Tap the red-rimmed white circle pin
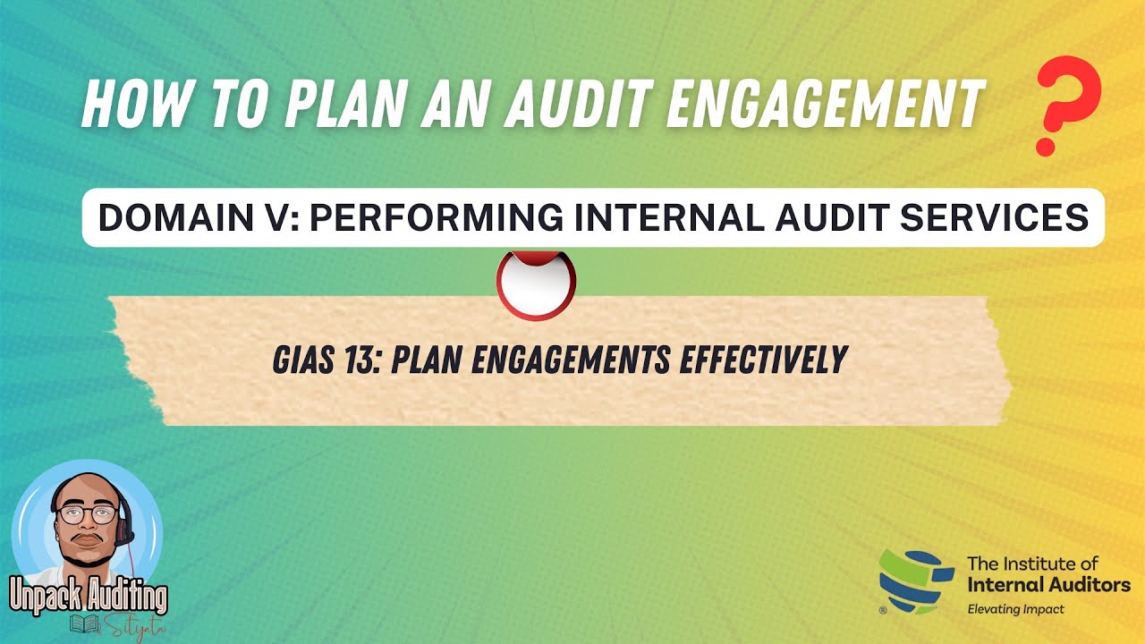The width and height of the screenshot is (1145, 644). pyautogui.click(x=536, y=284)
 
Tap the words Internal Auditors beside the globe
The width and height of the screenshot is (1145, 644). pyautogui.click(x=1048, y=585)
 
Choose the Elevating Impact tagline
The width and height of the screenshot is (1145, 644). pyautogui.click(x=1015, y=609)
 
